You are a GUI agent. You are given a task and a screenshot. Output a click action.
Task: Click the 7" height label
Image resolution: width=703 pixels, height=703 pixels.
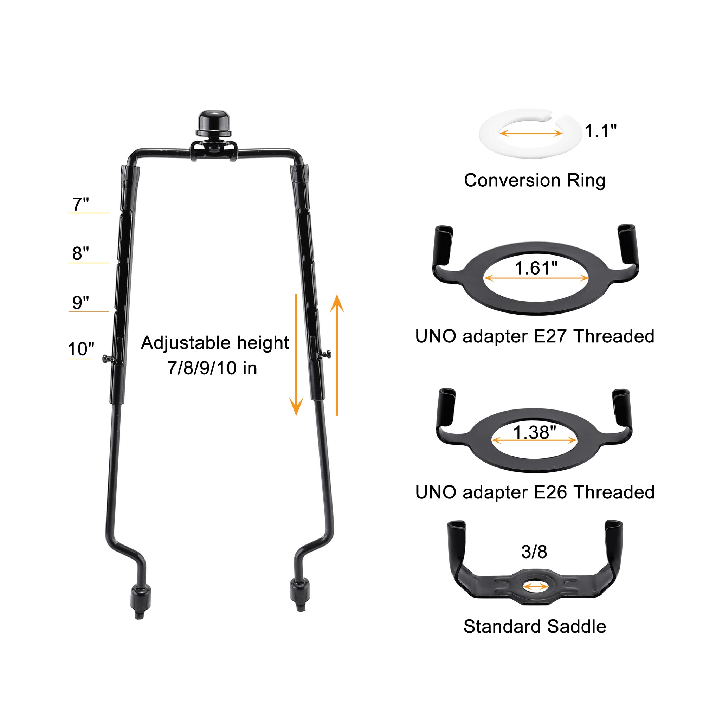pos(80,204)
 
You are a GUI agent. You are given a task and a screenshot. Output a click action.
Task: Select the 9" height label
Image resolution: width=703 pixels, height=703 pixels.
pos(80,302)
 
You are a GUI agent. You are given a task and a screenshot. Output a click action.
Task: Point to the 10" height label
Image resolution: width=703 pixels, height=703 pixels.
pos(81,349)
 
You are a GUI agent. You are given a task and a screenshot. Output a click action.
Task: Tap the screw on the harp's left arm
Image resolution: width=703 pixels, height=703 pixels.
pos(107,359)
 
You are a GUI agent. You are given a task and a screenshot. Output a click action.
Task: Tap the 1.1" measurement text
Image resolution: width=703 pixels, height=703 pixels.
pos(600,131)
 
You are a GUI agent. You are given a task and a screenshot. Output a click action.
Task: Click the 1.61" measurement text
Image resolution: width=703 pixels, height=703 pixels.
pos(536,268)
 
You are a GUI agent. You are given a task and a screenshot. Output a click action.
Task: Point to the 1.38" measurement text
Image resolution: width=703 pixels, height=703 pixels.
pos(534,432)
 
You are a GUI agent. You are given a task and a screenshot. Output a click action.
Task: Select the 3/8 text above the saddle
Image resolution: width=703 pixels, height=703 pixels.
pos(534,552)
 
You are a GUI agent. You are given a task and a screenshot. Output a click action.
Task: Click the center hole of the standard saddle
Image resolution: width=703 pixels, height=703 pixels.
pos(535,587)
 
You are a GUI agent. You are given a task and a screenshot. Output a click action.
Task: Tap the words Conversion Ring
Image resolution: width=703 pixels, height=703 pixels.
pos(535,180)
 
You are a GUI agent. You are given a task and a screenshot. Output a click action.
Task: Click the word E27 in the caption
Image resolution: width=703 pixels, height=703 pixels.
pos(550,336)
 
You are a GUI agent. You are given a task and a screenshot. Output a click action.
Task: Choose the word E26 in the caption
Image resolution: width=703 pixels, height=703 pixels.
pos(550,492)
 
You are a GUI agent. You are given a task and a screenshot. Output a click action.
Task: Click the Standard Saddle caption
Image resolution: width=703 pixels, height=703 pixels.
pos(535,627)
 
